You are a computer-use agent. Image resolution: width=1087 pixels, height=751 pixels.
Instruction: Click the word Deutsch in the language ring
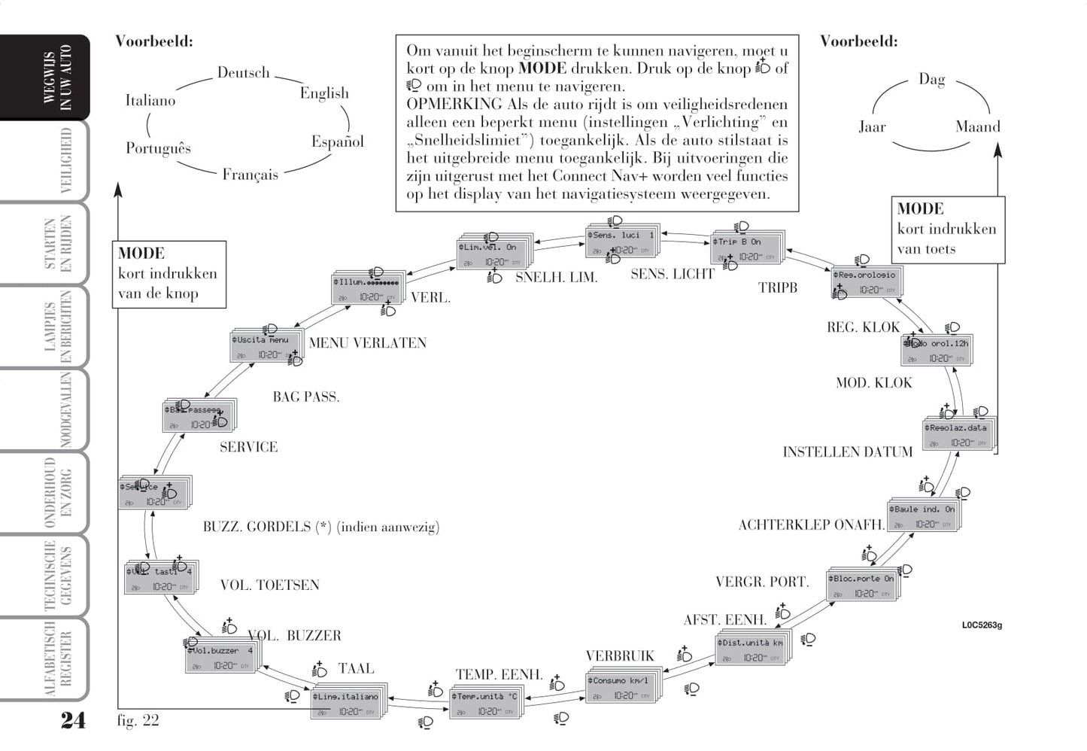[243, 73]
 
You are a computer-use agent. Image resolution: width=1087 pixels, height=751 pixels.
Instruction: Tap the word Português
[158, 148]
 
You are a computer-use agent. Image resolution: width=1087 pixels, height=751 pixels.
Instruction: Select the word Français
[250, 175]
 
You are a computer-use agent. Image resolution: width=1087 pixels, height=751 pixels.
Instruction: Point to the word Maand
[977, 127]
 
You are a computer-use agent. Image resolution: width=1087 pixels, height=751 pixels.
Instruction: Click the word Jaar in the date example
[872, 127]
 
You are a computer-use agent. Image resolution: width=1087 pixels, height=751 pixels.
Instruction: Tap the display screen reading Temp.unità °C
[484, 703]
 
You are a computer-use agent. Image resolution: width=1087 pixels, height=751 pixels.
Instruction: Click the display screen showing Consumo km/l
[620, 687]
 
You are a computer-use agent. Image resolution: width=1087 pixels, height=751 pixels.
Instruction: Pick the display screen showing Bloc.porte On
[861, 585]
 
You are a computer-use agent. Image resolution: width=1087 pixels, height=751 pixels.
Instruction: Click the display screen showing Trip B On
[745, 248]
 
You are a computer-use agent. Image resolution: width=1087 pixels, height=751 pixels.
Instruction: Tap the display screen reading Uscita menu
[263, 347]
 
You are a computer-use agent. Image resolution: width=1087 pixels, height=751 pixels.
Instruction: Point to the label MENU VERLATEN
[367, 343]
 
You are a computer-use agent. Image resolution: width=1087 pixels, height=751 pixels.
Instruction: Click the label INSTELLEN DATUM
[847, 452]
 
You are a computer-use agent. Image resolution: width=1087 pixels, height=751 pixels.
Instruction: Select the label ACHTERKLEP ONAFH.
[811, 525]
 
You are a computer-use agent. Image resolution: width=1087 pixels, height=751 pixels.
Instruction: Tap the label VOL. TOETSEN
[269, 585]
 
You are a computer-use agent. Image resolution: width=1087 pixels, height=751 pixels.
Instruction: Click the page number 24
[73, 720]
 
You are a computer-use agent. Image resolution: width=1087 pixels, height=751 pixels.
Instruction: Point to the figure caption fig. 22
[138, 721]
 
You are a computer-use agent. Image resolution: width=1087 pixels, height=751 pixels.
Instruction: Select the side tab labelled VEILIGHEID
[65, 161]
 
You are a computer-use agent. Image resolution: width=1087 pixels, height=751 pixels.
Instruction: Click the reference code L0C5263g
[982, 625]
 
